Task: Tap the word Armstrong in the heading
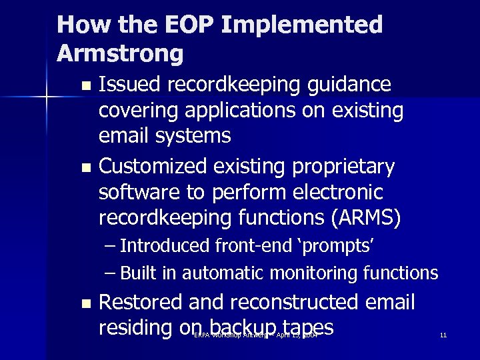(x=120, y=53)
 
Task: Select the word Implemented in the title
(x=301, y=25)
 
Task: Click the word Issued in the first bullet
(x=131, y=85)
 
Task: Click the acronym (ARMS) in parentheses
(x=377, y=218)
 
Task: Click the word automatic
(x=223, y=273)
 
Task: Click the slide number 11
(x=443, y=335)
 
